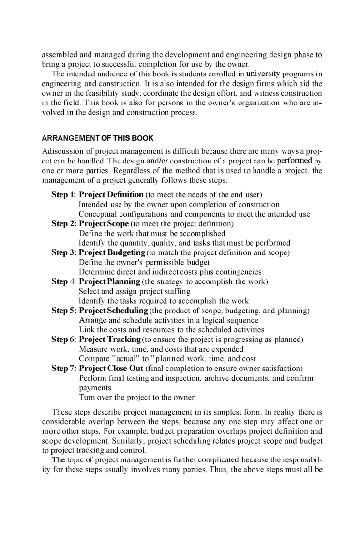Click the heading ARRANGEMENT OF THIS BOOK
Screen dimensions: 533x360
97,138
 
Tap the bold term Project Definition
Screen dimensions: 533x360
111,195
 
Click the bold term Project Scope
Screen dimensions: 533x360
104,224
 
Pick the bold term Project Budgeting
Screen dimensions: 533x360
112,252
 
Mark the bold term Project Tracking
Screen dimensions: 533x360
110,340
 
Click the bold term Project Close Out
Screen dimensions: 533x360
111,369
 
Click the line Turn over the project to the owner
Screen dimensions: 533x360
136,398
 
